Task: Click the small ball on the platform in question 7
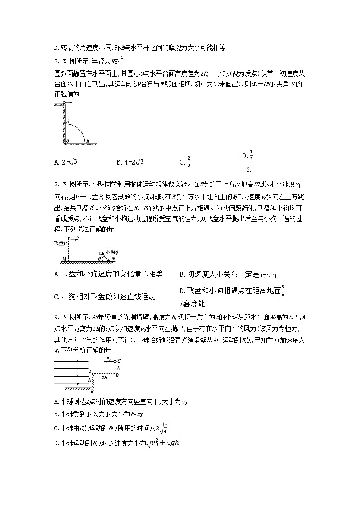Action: point(65,103)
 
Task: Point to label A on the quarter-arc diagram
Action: point(67,121)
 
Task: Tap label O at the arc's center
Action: point(67,141)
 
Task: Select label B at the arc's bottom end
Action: point(88,141)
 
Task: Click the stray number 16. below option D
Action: point(247,170)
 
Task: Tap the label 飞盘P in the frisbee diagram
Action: point(61,243)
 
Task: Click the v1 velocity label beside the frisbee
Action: point(79,237)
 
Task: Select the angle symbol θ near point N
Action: point(100,259)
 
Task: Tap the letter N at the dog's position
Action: point(114,259)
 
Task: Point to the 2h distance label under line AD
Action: point(104,377)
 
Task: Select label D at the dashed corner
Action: point(117,374)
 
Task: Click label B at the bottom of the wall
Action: point(92,391)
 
